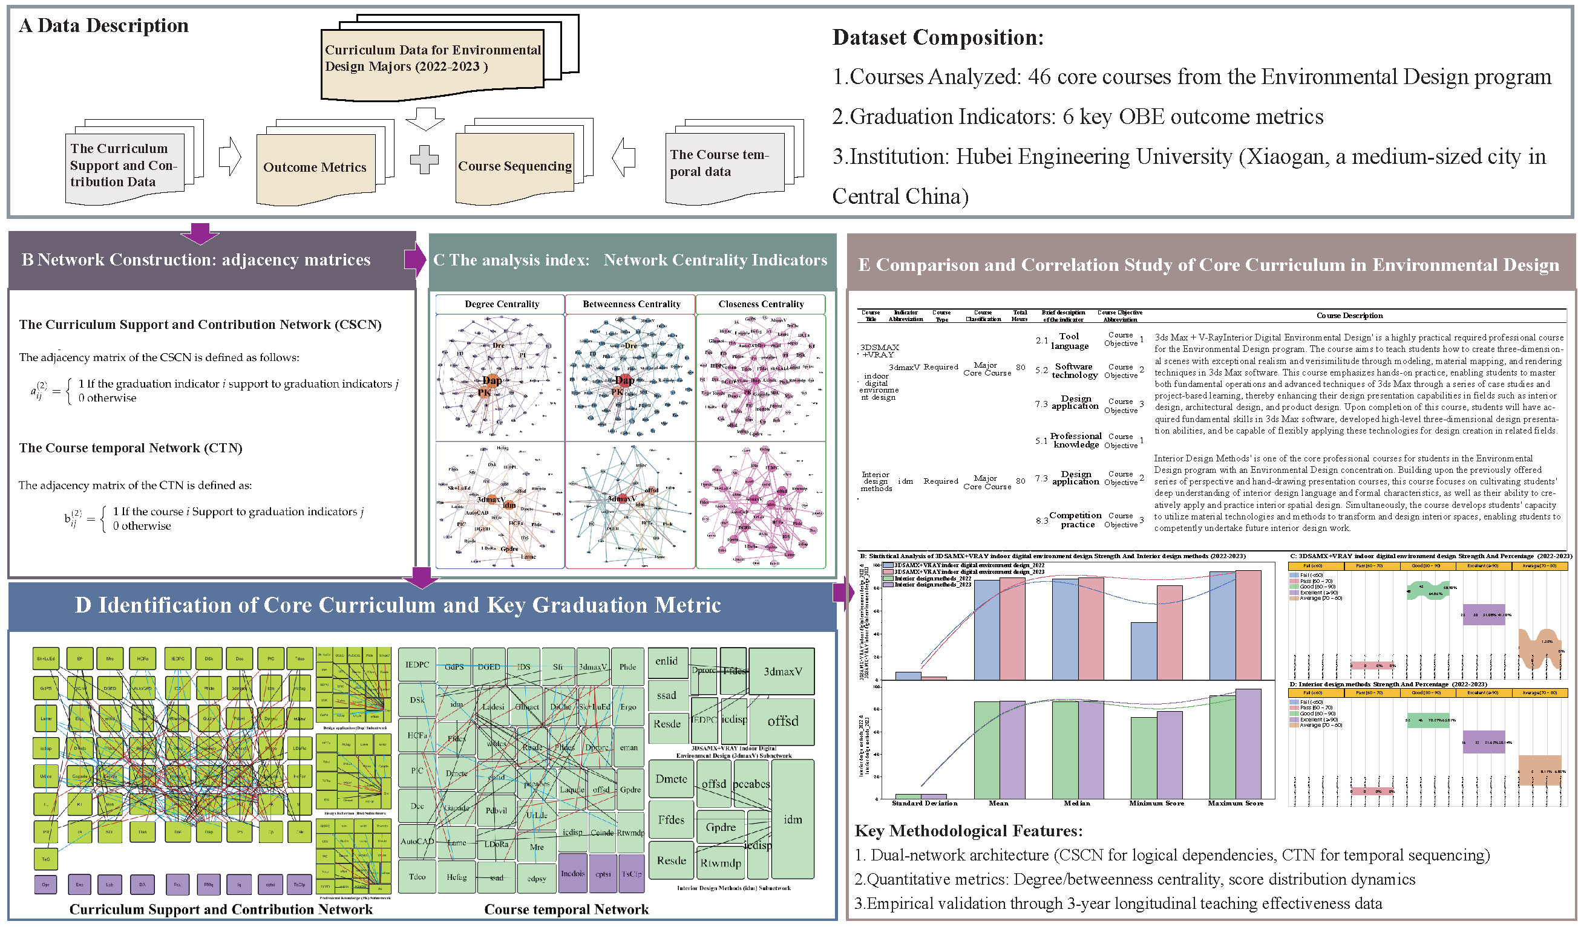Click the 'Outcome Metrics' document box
point(316,168)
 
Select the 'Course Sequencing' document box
point(514,167)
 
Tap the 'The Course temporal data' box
point(724,164)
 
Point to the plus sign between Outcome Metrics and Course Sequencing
point(424,159)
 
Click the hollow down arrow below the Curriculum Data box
point(425,119)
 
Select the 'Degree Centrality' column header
point(501,304)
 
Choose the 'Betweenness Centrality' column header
point(631,304)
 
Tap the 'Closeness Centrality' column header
point(761,304)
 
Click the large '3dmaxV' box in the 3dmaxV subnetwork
point(782,672)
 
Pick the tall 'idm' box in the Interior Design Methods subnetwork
point(793,820)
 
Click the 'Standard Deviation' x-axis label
point(924,804)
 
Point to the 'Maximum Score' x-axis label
point(1236,804)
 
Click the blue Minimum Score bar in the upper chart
point(1143,651)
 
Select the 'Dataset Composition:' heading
point(937,37)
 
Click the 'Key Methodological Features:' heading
point(968,831)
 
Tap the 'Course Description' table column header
point(1349,316)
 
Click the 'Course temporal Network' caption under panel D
point(566,909)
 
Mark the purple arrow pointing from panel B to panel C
point(414,259)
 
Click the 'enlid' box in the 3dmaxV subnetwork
point(666,662)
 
